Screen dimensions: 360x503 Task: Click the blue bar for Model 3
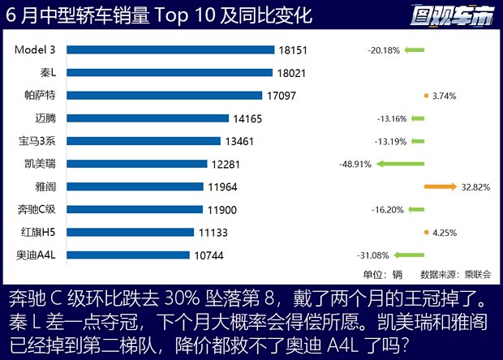pyautogui.click(x=170, y=49)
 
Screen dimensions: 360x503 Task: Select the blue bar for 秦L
pyautogui.click(x=170, y=72)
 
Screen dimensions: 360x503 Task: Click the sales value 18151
pyautogui.click(x=292, y=50)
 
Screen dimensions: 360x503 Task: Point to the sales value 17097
pyautogui.click(x=281, y=96)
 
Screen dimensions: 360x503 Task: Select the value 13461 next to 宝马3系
pyautogui.click(x=239, y=141)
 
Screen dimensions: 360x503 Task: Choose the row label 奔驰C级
pyautogui.click(x=37, y=209)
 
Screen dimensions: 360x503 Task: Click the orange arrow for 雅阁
pyautogui.click(x=441, y=186)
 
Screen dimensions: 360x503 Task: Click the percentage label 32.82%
pyautogui.click(x=475, y=186)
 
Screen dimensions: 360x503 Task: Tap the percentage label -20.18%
pyautogui.click(x=383, y=50)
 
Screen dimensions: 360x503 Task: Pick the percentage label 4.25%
pyautogui.click(x=445, y=233)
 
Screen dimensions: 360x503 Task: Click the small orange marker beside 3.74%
pyautogui.click(x=426, y=96)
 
